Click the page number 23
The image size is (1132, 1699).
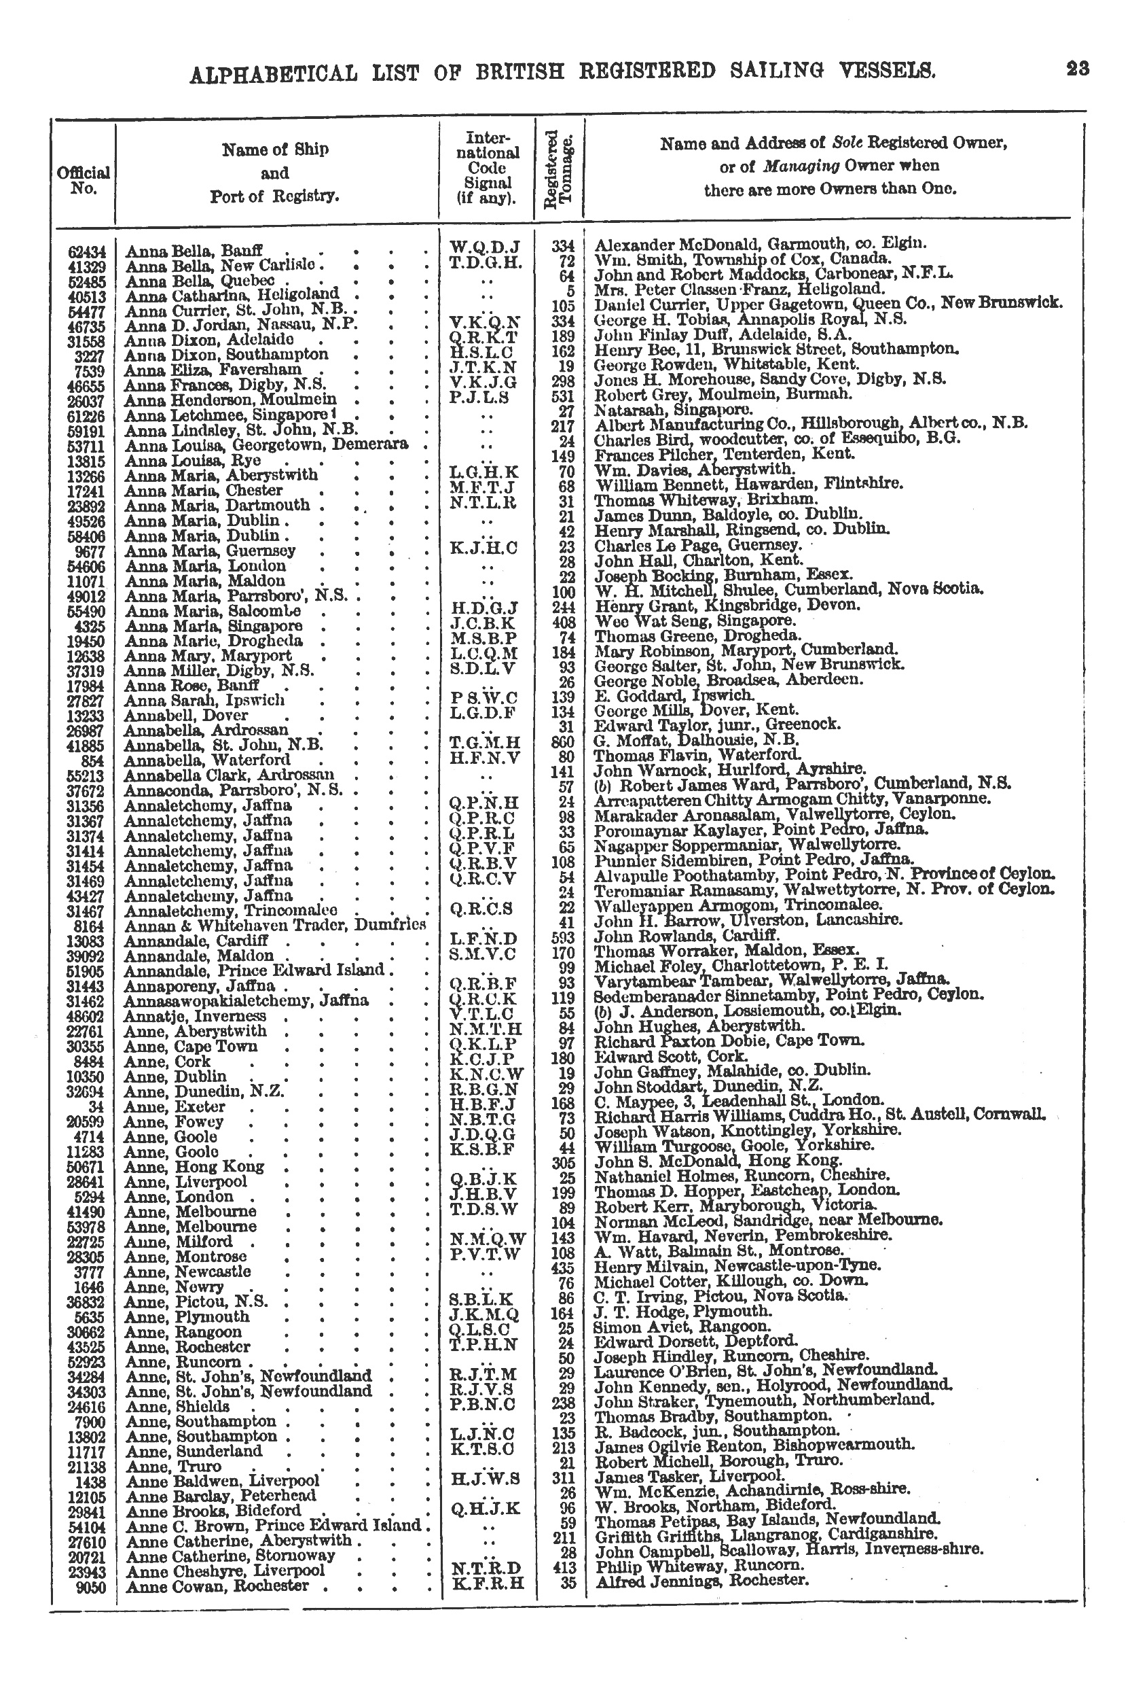(1077, 69)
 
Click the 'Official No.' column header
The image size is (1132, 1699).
(83, 181)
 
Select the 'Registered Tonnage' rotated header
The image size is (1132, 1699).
(558, 170)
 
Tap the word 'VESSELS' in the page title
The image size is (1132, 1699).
(890, 70)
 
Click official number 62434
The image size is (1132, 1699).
(87, 252)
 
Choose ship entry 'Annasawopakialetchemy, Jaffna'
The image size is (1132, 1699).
(247, 1000)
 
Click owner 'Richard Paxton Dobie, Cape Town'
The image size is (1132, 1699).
(729, 1041)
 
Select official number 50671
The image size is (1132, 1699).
(87, 1167)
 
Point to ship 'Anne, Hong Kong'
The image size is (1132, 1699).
(194, 1166)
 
